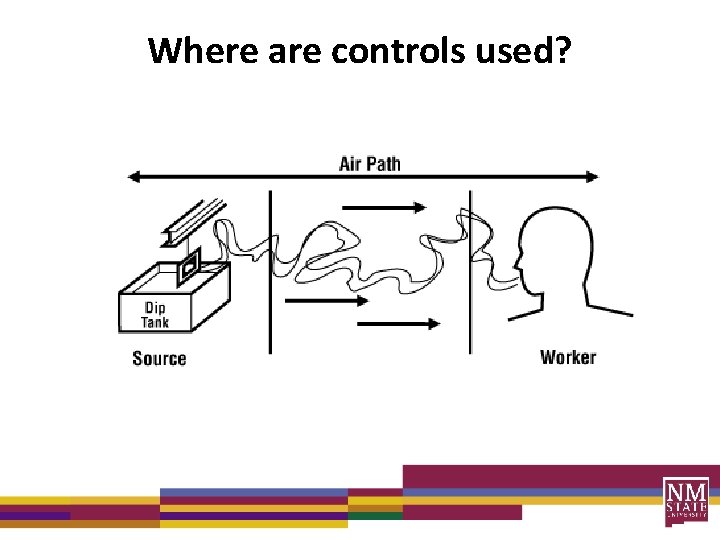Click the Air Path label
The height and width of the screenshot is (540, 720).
[369, 162]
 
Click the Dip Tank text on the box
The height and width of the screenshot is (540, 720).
[155, 315]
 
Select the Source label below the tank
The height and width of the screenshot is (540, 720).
[159, 358]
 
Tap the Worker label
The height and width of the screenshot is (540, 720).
[567, 357]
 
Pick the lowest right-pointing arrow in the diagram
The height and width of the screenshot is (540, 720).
[398, 324]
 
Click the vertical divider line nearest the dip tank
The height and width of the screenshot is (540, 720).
[270, 270]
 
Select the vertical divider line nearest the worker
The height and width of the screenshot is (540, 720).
[470, 270]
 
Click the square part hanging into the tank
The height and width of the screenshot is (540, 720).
[188, 266]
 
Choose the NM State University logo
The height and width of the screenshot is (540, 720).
[685, 501]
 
